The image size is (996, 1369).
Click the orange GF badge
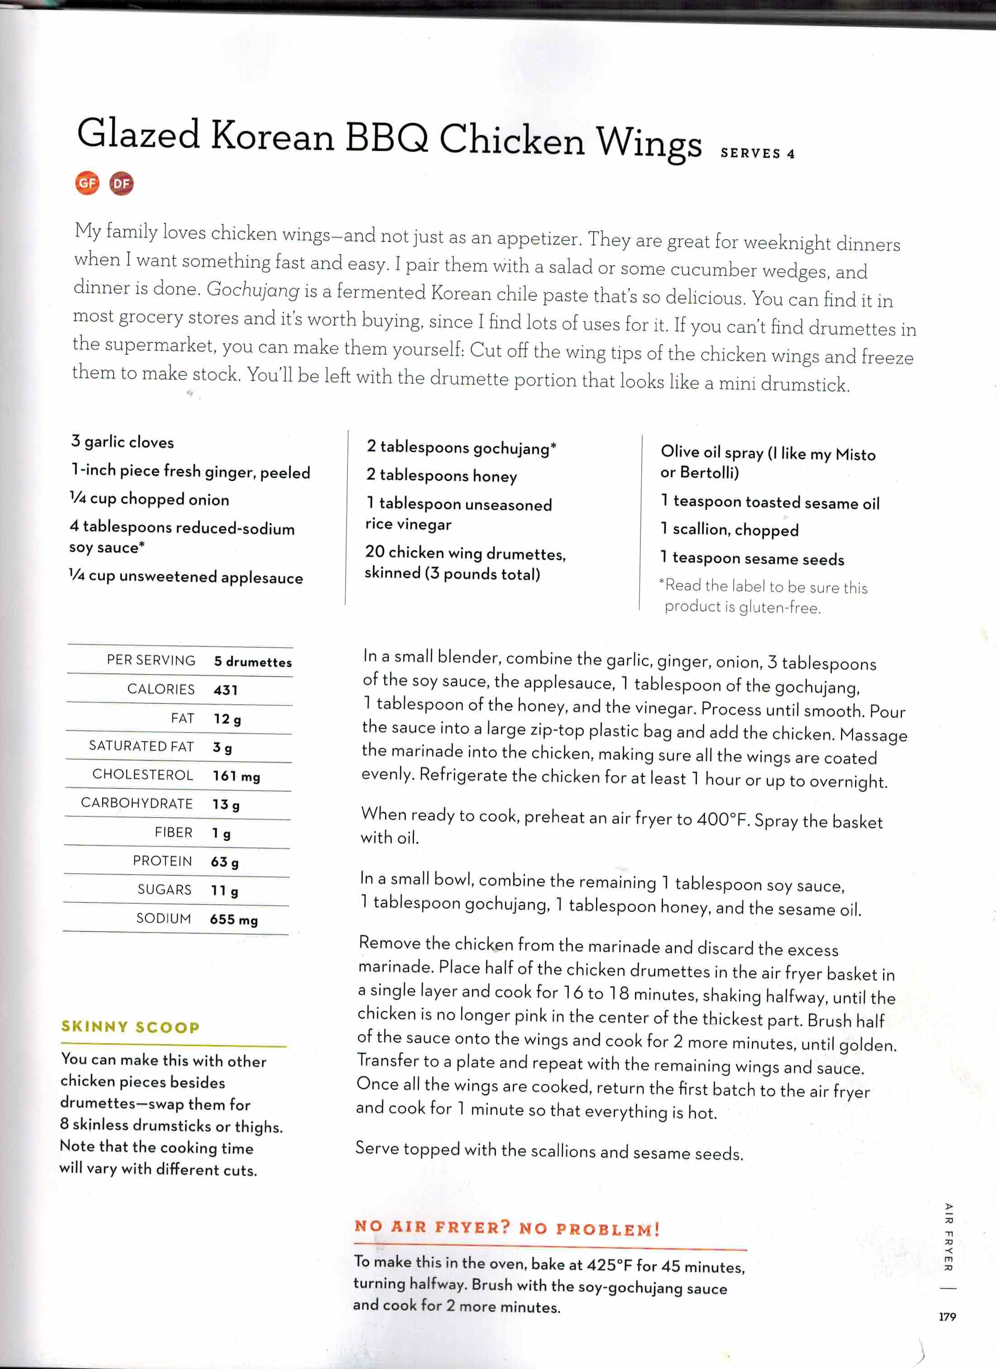point(87,183)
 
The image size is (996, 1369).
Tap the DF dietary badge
point(121,183)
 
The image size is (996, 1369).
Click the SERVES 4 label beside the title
point(757,153)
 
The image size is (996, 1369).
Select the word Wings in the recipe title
point(649,143)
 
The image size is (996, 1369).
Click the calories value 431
point(226,690)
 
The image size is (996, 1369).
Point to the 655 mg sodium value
point(234,919)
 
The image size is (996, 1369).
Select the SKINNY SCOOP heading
point(130,1027)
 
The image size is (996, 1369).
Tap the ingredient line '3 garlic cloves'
point(123,442)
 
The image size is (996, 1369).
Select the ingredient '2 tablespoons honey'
point(441,476)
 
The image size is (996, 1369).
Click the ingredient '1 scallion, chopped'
point(729,529)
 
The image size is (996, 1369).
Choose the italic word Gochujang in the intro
point(253,290)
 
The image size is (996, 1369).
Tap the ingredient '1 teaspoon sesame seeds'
point(752,558)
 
